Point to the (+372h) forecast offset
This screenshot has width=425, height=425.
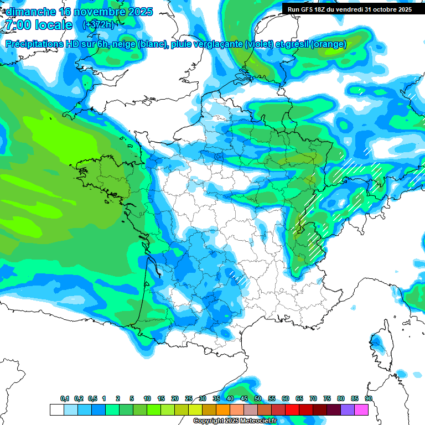98,25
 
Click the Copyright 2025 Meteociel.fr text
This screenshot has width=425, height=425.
235,421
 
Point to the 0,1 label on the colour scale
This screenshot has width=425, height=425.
65,398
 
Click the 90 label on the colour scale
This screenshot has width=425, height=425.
368,398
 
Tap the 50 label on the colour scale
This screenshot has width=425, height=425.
258,398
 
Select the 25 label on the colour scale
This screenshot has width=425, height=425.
189,398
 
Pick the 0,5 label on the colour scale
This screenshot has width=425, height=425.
92,398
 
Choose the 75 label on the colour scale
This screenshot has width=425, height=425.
327,398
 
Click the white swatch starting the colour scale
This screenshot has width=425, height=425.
56,410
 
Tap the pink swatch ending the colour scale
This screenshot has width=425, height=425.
361,410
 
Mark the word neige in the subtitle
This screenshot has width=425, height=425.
126,44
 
